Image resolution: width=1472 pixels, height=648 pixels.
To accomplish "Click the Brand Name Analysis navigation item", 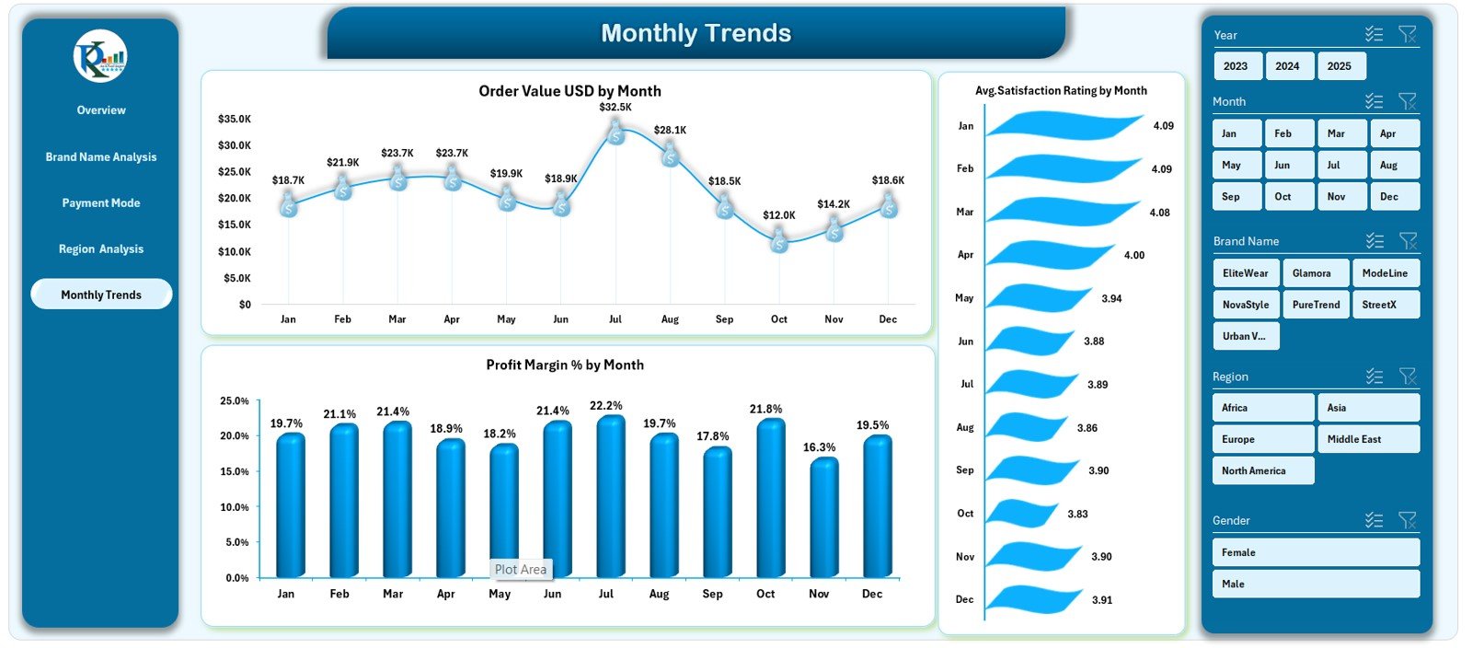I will tap(101, 157).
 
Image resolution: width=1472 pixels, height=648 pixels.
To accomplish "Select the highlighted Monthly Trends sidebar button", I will tap(101, 295).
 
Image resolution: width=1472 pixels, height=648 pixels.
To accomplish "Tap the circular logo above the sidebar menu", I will tap(100, 56).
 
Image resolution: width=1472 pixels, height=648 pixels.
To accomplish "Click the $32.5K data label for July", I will tap(615, 107).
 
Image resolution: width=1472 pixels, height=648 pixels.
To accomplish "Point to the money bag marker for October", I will tap(779, 242).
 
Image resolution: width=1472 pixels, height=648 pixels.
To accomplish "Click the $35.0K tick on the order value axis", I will tap(235, 119).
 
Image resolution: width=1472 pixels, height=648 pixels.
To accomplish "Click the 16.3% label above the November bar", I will tap(819, 447).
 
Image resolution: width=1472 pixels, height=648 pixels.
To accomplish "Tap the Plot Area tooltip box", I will tap(521, 570).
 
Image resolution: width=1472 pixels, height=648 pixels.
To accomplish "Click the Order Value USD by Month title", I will tap(569, 91).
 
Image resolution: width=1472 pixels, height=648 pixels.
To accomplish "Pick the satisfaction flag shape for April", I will tap(1049, 256).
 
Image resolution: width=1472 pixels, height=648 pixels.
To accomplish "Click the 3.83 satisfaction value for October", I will tap(1077, 514).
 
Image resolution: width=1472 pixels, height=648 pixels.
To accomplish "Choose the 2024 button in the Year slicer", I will tap(1287, 66).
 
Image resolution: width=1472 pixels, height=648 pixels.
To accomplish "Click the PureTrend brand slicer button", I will tap(1316, 305).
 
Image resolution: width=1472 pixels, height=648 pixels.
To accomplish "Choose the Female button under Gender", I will tap(1315, 552).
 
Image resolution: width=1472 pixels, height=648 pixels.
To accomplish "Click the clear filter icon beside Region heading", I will tap(1407, 376).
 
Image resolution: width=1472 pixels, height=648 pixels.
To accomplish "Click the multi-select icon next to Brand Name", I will tap(1374, 241).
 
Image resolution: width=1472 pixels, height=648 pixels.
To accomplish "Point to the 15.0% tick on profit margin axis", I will tap(235, 471).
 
